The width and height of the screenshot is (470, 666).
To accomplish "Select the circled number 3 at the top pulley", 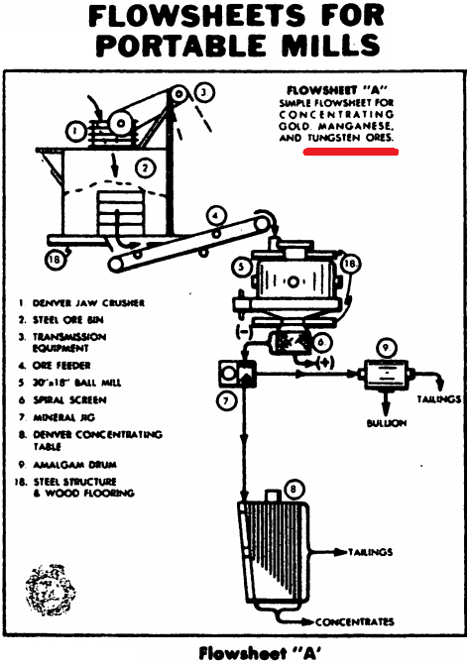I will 203,93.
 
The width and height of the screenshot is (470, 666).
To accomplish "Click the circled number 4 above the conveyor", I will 213,215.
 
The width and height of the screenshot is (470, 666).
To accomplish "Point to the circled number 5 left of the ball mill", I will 240,267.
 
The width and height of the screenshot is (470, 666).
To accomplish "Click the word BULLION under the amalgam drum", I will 391,423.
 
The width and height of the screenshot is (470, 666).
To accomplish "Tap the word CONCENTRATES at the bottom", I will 355,622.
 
